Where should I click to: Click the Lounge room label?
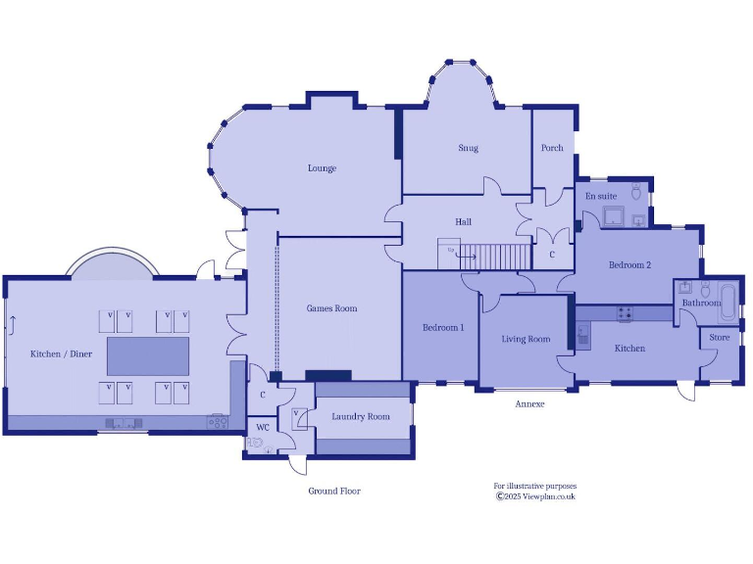tap(322, 168)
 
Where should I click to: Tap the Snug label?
tap(468, 149)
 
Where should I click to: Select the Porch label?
tap(552, 148)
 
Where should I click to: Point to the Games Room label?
tap(331, 308)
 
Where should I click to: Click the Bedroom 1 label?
tap(443, 327)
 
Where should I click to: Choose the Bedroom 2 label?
tap(629, 265)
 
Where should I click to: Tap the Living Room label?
tap(526, 339)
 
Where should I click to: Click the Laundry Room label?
tap(360, 416)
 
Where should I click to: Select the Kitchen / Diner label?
tap(61, 353)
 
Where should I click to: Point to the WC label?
tap(263, 427)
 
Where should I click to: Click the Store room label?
tap(720, 338)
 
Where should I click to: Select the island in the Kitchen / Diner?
tap(148, 355)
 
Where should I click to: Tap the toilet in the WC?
tap(257, 444)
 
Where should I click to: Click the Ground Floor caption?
tap(334, 491)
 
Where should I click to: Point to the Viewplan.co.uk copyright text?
tap(535, 496)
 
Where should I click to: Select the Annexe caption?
tap(529, 403)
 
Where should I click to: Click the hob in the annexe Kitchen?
tap(624, 314)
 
